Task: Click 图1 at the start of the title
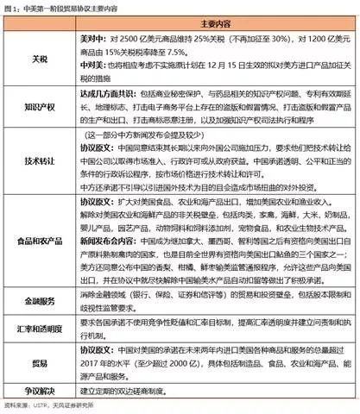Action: pyautogui.click(x=12, y=7)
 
